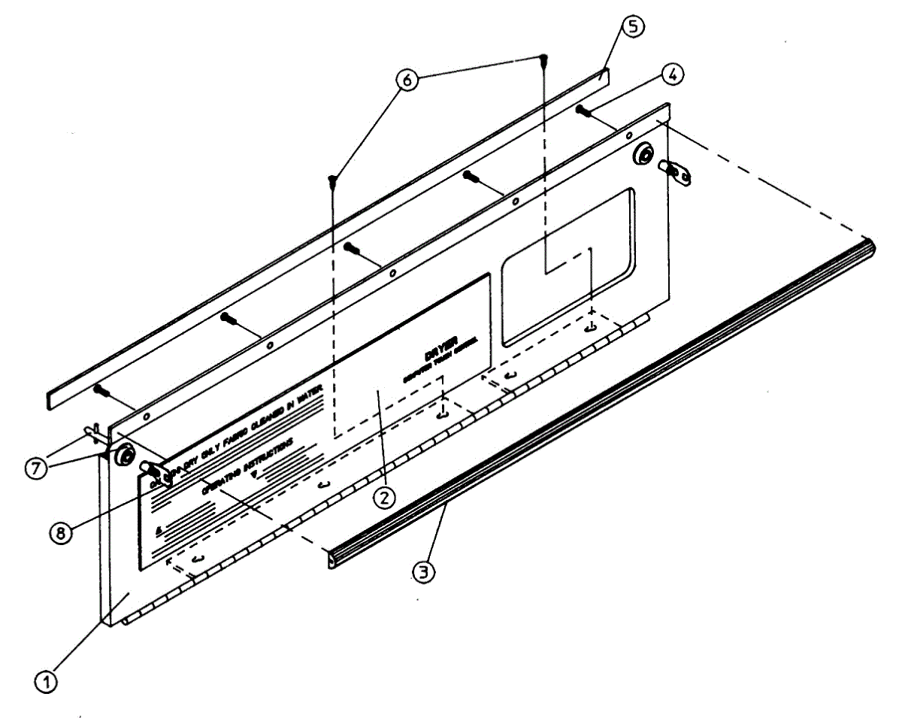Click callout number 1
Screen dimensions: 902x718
click(x=47, y=682)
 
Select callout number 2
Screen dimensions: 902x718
click(x=384, y=496)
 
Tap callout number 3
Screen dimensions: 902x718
click(x=425, y=571)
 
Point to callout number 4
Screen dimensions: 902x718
click(x=672, y=74)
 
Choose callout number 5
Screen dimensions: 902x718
click(x=632, y=27)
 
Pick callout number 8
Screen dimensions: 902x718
click(x=60, y=532)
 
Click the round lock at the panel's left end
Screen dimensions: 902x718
click(x=124, y=457)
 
